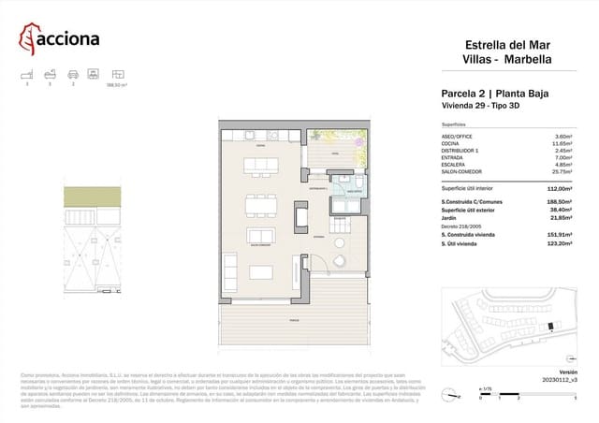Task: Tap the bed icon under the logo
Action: point(29,73)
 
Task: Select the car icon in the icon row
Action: point(73,73)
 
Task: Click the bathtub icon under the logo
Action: point(51,73)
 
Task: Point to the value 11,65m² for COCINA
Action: point(562,143)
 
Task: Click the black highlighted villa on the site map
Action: point(550,327)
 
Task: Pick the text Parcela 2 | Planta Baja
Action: point(494,94)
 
